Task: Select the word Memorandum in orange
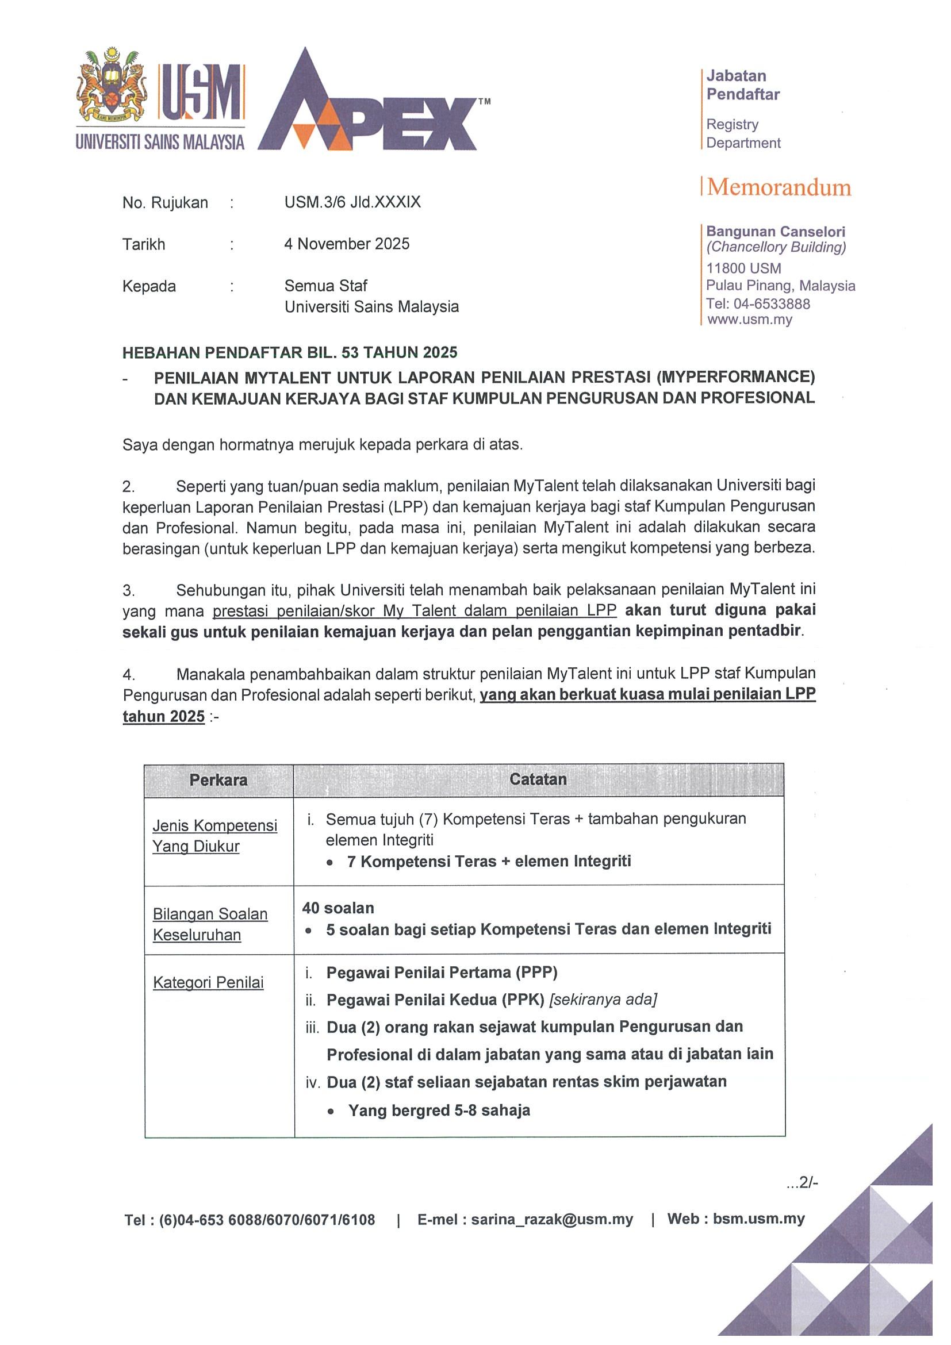point(779,187)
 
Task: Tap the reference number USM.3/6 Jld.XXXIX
point(352,202)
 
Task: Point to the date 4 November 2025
point(346,244)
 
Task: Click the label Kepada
point(149,286)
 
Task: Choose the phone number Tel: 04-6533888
point(758,303)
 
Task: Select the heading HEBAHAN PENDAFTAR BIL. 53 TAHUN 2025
point(289,352)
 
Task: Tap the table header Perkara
point(218,780)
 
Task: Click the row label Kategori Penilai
point(208,982)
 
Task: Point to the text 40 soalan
point(338,908)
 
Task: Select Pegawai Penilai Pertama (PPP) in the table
point(441,973)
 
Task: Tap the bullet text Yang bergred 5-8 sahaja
point(439,1110)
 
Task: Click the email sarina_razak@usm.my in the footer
point(551,1219)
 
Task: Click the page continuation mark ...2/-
point(802,1183)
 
